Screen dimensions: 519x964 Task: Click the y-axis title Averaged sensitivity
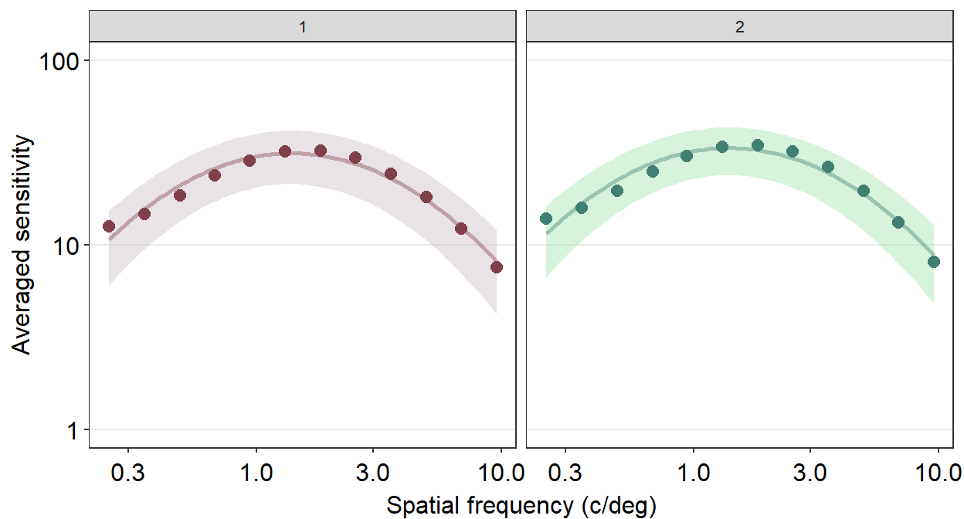23,245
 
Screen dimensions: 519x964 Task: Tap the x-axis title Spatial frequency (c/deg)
521,505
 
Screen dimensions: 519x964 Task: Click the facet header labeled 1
302,26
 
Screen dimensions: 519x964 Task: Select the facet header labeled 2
739,26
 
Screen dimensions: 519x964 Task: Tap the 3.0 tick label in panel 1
373,471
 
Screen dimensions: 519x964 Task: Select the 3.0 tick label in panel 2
810,471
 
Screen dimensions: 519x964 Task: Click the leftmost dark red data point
109,226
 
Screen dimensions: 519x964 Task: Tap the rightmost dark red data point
497,267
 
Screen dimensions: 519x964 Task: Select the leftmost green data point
546,219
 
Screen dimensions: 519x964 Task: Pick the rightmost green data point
934,262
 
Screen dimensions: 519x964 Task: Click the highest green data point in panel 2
758,145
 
